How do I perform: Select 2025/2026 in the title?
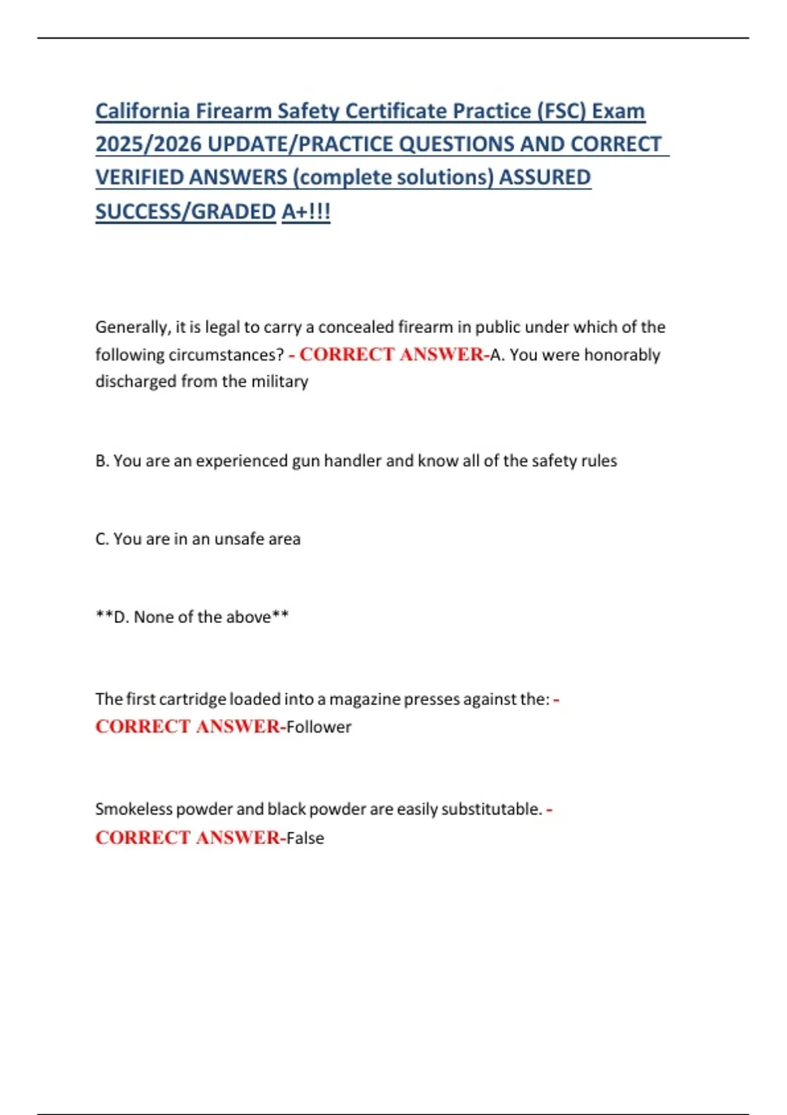pyautogui.click(x=148, y=144)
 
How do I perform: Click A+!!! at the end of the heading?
pyautogui.click(x=306, y=212)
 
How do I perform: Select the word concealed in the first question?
pyautogui.click(x=355, y=327)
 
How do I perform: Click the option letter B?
pyautogui.click(x=102, y=461)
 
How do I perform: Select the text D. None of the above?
pyautogui.click(x=192, y=617)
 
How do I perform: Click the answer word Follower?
pyautogui.click(x=319, y=727)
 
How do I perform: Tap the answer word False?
pyautogui.click(x=305, y=838)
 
